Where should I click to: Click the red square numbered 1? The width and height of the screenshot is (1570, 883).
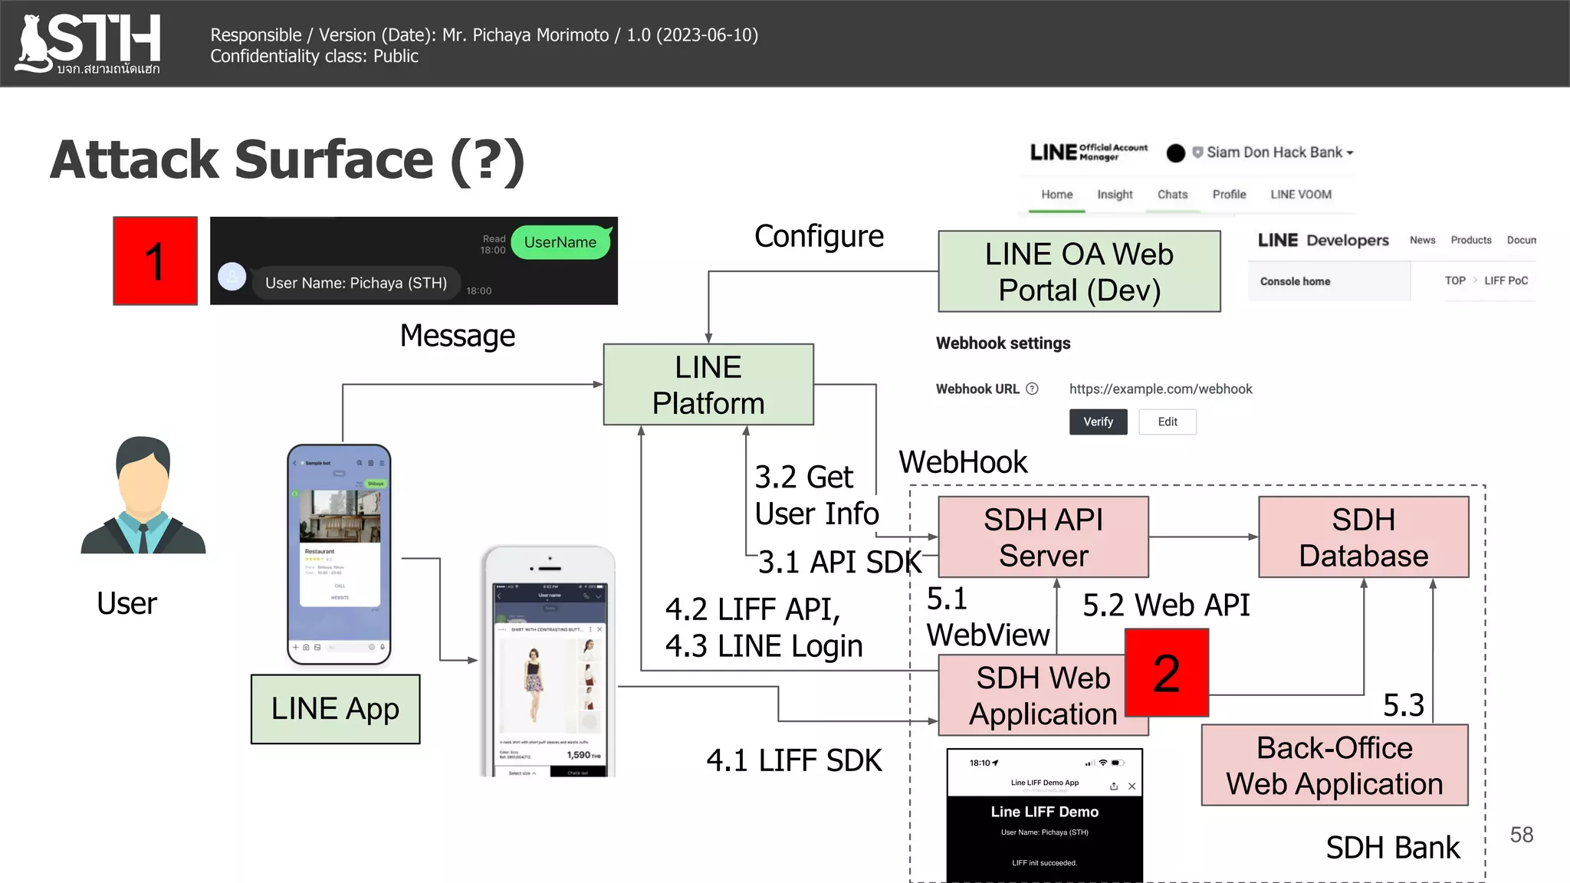[155, 261]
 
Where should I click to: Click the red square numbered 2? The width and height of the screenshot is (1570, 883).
[1166, 673]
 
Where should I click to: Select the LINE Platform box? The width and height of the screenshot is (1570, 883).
[708, 384]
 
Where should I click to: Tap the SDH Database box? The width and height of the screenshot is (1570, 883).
[1363, 537]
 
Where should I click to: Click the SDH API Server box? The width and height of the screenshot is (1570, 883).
[1043, 537]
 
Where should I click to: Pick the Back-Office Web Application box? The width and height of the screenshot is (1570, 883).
[1334, 765]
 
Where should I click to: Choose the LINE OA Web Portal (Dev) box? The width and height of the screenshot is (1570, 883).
[1079, 271]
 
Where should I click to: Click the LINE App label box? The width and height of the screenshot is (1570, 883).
[335, 709]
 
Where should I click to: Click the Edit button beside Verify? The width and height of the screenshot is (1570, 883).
[1167, 422]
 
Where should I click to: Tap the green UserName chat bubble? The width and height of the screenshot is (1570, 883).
[560, 242]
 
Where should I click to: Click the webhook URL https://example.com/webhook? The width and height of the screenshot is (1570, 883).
[1160, 389]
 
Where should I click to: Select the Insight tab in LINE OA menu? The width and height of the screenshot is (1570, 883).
[1114, 195]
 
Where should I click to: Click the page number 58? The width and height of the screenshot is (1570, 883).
[1521, 835]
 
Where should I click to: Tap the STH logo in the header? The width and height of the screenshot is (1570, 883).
[89, 44]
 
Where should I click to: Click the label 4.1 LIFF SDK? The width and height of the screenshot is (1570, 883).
[793, 760]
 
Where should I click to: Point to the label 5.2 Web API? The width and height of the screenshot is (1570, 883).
[1165, 605]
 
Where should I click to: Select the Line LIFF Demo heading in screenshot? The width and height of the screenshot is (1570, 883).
[1044, 812]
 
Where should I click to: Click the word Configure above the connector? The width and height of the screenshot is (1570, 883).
[819, 236]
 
